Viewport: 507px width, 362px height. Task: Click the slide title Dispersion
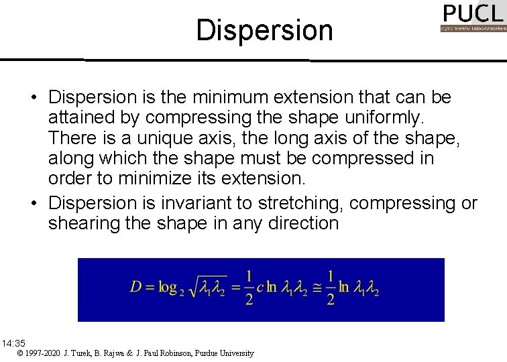(264, 30)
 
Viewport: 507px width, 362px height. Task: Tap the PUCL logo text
(472, 13)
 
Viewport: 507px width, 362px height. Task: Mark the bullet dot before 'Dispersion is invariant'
(33, 202)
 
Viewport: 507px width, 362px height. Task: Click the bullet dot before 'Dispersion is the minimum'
(33, 98)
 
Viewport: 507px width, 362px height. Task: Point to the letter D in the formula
(137, 287)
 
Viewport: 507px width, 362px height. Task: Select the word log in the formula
(166, 288)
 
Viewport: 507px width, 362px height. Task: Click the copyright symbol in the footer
(21, 353)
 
